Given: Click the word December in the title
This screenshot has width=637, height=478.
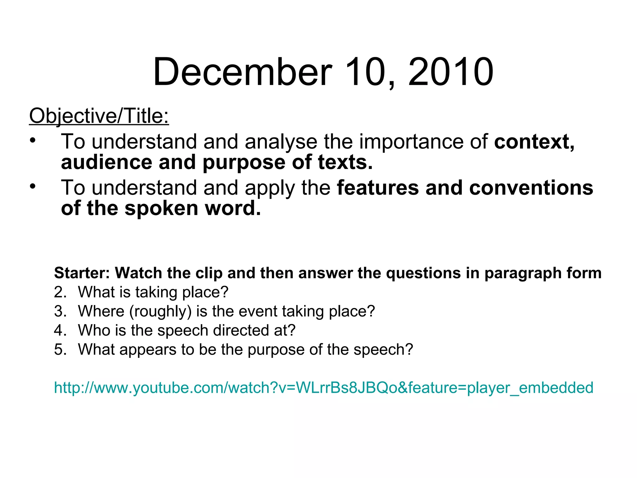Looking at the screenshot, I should pyautogui.click(x=242, y=72).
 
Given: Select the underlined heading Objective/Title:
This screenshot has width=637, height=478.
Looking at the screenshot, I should pyautogui.click(x=99, y=116).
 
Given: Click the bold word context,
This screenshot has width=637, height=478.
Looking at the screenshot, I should pyautogui.click(x=534, y=142).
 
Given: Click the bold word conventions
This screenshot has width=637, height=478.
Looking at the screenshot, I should pyautogui.click(x=531, y=188).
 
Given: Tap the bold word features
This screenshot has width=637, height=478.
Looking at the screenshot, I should pyautogui.click(x=378, y=188).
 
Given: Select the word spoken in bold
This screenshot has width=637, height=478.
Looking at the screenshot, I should pyautogui.click(x=161, y=208).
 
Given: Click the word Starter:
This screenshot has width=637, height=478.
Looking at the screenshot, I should pyautogui.click(x=82, y=273).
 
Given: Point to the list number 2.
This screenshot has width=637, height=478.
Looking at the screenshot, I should pyautogui.click(x=60, y=292).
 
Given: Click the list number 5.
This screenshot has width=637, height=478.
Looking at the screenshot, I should pyautogui.click(x=60, y=349).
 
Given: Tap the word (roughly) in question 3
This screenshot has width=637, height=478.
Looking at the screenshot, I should pyautogui.click(x=160, y=312).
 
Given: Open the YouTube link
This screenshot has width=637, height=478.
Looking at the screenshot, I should pyautogui.click(x=323, y=388).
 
